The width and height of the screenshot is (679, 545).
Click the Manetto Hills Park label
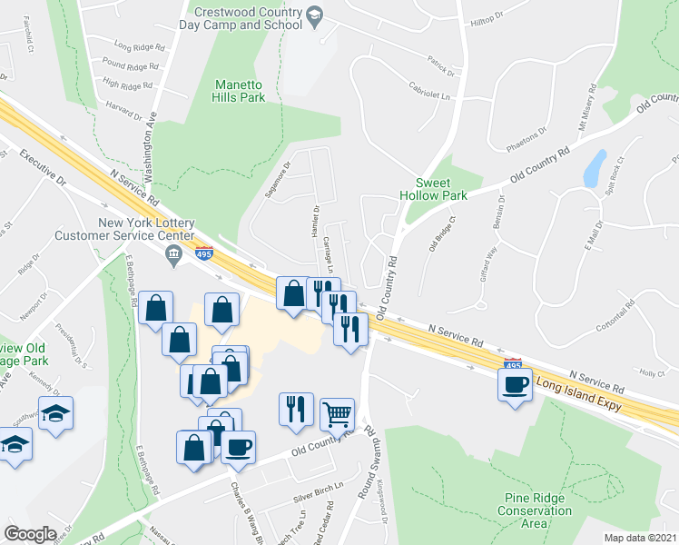tap(240, 91)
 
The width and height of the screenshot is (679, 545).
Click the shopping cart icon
tap(337, 413)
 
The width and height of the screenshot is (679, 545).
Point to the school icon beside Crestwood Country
tap(314, 15)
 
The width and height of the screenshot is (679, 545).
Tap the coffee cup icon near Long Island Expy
tap(514, 384)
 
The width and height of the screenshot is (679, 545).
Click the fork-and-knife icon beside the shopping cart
tap(296, 409)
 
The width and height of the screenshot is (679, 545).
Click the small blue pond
tap(595, 168)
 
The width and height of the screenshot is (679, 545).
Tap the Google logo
tap(31, 534)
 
